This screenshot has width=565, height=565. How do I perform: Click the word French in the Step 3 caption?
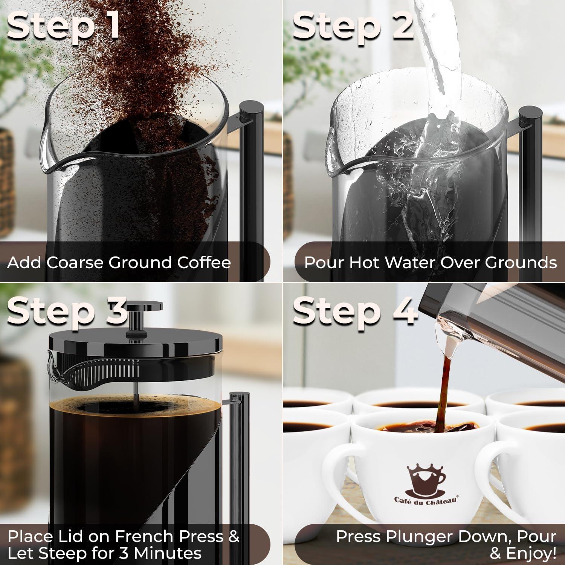point(142,536)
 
